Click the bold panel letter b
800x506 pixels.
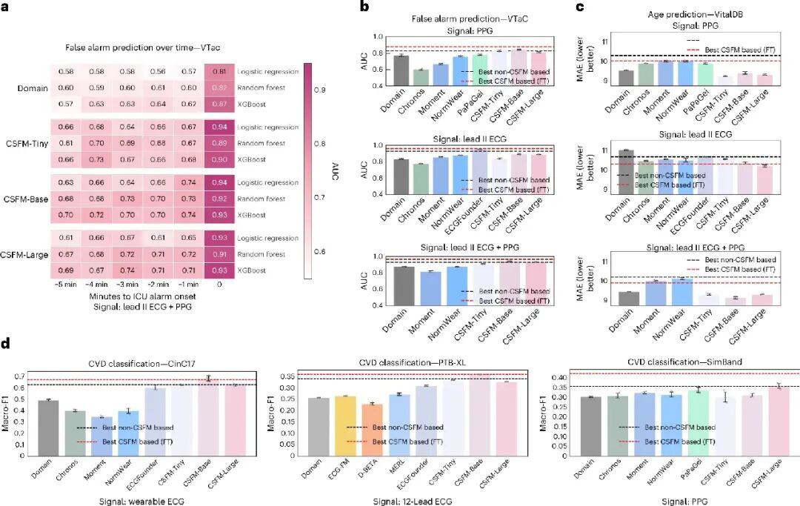pos(364,7)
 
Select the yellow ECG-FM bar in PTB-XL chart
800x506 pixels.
pos(346,425)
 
